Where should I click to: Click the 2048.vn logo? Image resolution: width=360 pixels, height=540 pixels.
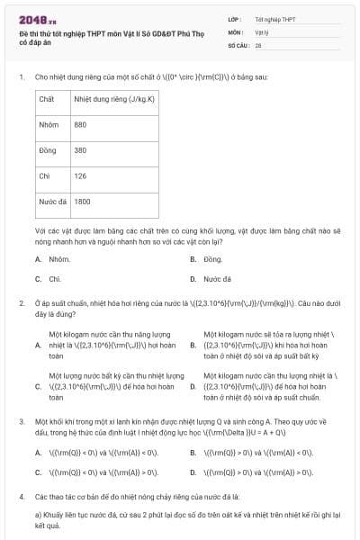point(36,19)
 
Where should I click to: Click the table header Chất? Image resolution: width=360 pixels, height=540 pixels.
point(47,98)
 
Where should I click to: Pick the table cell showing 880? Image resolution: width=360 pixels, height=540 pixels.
point(81,124)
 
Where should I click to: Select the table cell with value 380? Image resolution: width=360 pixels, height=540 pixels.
point(81,150)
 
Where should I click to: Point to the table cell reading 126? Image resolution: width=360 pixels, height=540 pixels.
point(81,176)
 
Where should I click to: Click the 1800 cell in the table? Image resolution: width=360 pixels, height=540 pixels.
point(83,202)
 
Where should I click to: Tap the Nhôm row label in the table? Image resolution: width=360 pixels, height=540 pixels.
point(49,124)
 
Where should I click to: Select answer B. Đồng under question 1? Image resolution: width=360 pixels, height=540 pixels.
point(212,259)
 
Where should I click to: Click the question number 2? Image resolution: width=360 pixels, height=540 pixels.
point(21,304)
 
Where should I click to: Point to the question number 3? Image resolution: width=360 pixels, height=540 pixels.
point(21,421)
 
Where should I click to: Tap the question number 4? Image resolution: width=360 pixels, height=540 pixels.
point(21,496)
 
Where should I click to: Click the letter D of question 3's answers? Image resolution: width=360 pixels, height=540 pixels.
point(193,472)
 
